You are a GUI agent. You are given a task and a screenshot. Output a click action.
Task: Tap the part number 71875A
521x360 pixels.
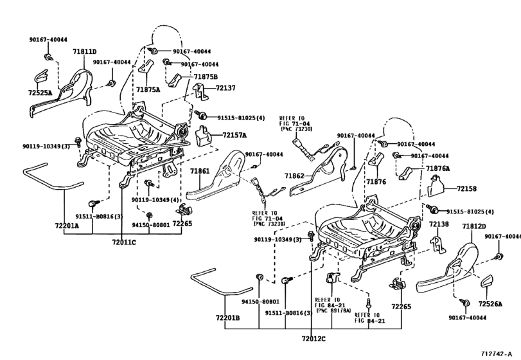(x=148, y=90)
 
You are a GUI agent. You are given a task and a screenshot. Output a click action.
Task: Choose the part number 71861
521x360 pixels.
(x=200, y=172)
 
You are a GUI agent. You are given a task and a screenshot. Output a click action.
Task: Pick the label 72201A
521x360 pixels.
(x=66, y=226)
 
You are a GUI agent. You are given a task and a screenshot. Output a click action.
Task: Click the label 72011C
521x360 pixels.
(x=125, y=242)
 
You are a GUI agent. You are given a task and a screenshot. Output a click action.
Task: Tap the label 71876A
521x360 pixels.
(x=437, y=168)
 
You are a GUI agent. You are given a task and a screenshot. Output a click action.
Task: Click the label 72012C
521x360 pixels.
(x=312, y=339)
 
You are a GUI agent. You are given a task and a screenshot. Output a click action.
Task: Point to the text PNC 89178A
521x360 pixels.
(x=333, y=310)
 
